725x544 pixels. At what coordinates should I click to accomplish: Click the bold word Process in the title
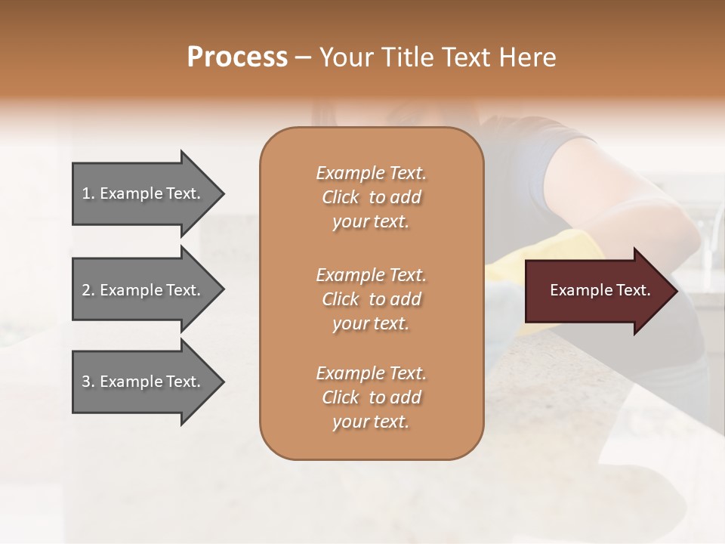pos(237,57)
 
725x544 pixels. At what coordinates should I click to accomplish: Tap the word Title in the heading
pos(408,57)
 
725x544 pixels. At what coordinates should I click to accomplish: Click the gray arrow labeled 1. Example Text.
pos(143,193)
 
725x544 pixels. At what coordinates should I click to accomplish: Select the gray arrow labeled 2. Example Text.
pos(143,290)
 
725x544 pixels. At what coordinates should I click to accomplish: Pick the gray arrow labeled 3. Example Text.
pos(143,382)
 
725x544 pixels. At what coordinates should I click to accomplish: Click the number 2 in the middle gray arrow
pos(86,290)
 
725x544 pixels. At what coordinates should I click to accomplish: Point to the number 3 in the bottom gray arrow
pos(86,382)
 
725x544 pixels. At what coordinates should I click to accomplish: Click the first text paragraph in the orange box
pos(371,197)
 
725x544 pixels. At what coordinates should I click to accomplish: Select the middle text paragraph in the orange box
pos(371,298)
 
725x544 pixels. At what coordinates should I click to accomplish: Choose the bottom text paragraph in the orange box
pos(371,397)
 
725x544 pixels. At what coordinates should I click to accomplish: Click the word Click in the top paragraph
pos(341,197)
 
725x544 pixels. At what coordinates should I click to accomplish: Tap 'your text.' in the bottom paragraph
pos(371,422)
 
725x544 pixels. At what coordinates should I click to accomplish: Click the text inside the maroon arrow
pos(600,290)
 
